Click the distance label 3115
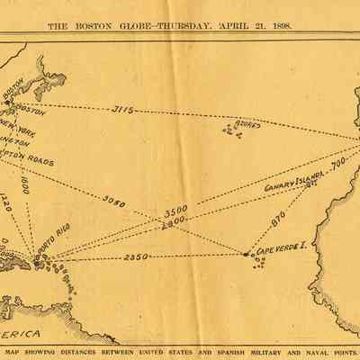123,111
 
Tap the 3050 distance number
114,201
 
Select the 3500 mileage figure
175,210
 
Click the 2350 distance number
136,257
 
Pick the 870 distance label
277,218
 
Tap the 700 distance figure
337,165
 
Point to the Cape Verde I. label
281,246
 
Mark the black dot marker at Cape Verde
247,254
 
